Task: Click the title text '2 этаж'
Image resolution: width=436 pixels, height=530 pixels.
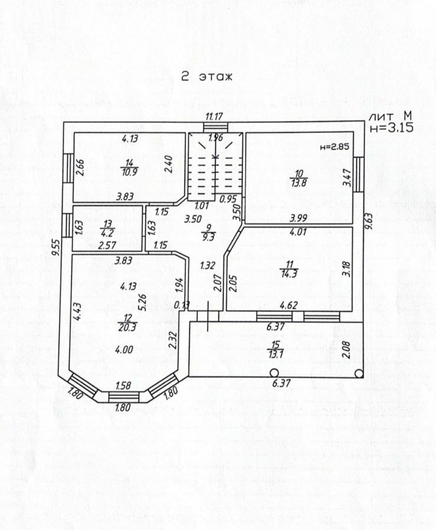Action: [x=207, y=77]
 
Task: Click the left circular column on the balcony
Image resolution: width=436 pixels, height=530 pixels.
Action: [x=274, y=372]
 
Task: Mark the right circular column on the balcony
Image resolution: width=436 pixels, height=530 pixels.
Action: [x=359, y=372]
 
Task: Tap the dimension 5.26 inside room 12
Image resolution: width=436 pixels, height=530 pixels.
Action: [x=141, y=302]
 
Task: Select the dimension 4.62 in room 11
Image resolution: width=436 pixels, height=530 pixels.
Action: [x=287, y=305]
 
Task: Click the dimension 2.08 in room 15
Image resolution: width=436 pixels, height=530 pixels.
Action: [x=346, y=349]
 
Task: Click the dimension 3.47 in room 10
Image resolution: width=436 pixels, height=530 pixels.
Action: [x=346, y=178]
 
